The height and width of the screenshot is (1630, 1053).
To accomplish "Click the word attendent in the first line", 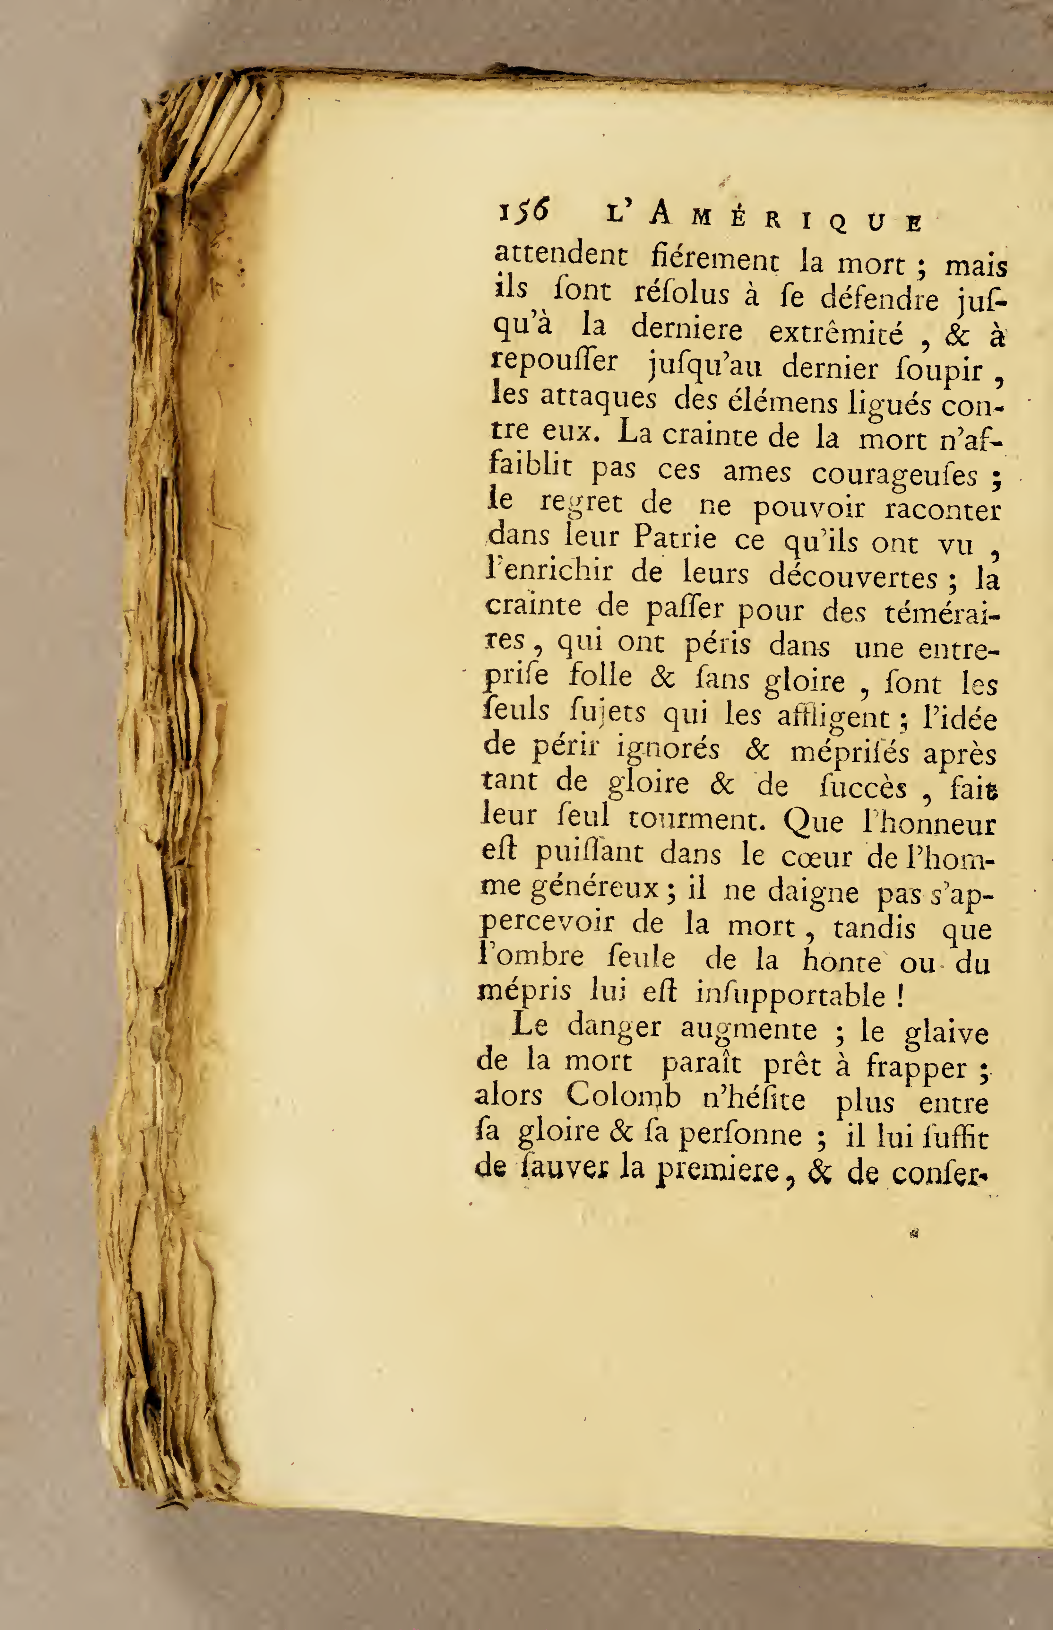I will (x=561, y=256).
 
